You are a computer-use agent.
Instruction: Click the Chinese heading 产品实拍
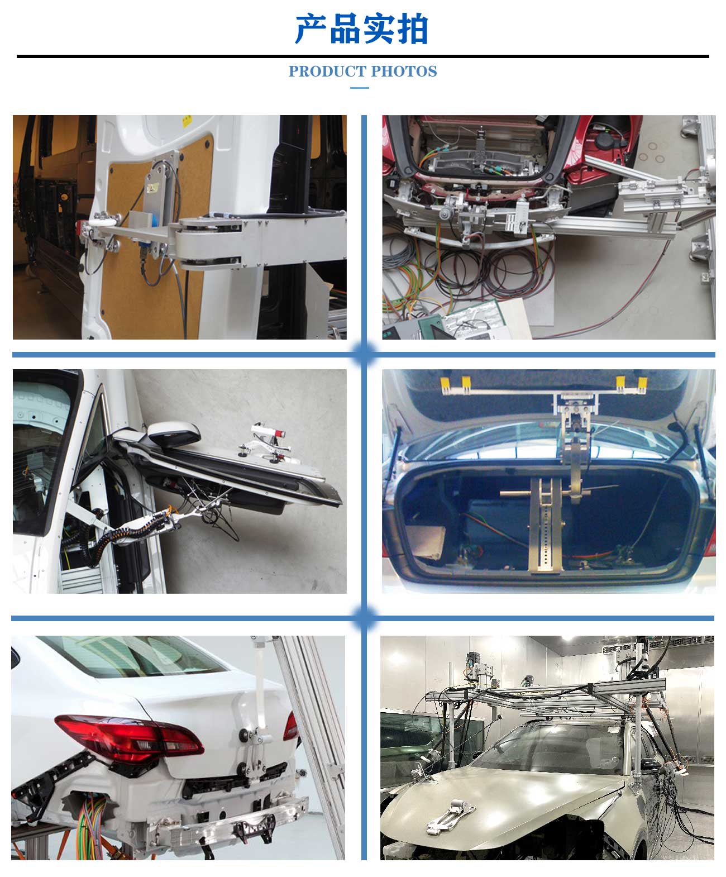[x=362, y=29]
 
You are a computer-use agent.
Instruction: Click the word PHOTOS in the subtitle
[x=404, y=72]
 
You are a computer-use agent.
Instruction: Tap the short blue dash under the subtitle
[x=359, y=88]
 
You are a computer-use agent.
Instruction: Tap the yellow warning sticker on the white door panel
[x=187, y=120]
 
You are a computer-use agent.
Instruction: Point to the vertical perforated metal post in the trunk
[x=542, y=525]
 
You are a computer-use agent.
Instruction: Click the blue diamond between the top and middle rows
[x=364, y=354]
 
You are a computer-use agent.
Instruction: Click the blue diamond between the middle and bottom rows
[x=364, y=618]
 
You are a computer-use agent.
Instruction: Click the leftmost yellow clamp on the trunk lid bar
[x=445, y=384]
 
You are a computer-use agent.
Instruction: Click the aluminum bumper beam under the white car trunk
[x=235, y=821]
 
